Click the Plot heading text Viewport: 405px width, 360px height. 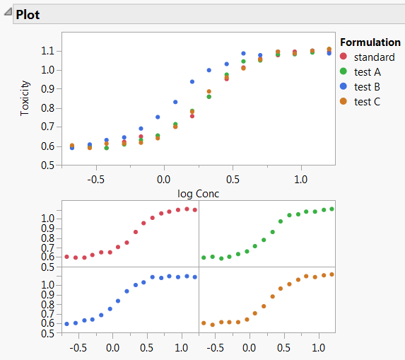28,14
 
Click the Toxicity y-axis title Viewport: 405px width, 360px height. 25,98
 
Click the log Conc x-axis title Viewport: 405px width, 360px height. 197,192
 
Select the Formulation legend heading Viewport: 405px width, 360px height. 370,42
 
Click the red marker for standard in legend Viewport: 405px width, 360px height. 344,57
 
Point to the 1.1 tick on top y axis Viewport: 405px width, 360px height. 48,51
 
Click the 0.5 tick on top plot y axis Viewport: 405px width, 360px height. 48,166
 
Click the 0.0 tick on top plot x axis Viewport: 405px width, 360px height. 163,180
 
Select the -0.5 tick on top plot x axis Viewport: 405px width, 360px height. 95,180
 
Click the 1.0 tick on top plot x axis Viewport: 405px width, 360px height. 301,180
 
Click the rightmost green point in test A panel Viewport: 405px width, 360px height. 331,209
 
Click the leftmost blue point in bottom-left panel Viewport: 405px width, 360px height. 67,324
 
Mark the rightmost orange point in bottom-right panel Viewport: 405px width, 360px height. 331,274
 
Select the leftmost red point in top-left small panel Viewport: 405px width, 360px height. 67,257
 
